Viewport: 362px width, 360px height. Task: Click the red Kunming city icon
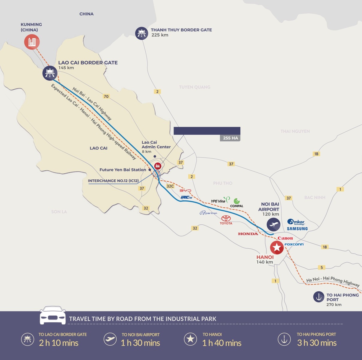[x=32, y=42]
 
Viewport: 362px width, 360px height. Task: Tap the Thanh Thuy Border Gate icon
[x=141, y=33]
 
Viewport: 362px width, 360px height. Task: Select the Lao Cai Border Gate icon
[x=50, y=73]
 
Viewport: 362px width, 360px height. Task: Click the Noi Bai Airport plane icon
[x=274, y=224]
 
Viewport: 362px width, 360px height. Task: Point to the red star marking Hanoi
[x=277, y=248]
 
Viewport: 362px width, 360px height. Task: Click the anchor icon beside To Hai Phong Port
[x=319, y=297]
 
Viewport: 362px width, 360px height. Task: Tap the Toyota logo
[x=226, y=220]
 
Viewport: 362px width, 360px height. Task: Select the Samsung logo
[x=297, y=229]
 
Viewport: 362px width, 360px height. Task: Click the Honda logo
[x=248, y=234]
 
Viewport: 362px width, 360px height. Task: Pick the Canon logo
[x=285, y=238]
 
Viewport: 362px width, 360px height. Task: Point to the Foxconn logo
[x=294, y=244]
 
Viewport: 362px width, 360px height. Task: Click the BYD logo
[x=185, y=190]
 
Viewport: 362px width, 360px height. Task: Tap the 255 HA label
[x=230, y=138]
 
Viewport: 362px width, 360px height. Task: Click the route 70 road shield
[x=106, y=96]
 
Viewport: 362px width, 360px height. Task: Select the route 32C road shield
[x=170, y=186]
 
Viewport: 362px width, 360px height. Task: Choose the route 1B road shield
[x=316, y=154]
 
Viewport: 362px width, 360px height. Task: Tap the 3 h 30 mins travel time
[x=317, y=343]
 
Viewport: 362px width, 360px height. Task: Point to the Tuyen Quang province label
[x=195, y=87]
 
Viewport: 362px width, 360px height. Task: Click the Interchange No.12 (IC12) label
[x=113, y=181]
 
